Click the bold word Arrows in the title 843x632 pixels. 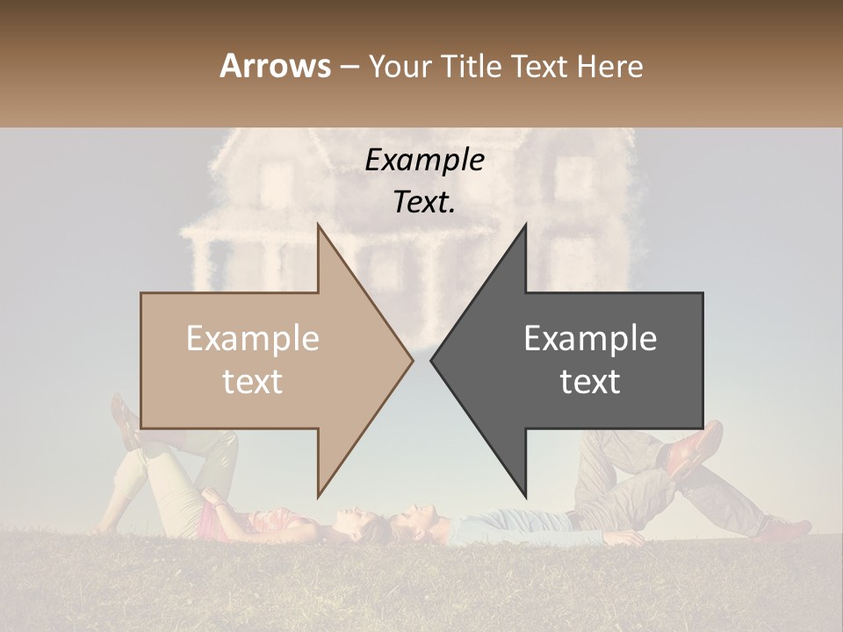(x=275, y=66)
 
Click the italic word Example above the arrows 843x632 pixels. (x=424, y=160)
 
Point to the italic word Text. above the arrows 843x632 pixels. (x=424, y=202)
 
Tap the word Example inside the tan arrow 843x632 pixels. (x=253, y=339)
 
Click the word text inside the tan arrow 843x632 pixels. (x=253, y=382)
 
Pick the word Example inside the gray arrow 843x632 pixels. (x=590, y=339)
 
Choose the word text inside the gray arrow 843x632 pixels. (x=590, y=382)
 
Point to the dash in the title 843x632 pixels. (x=349, y=67)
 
